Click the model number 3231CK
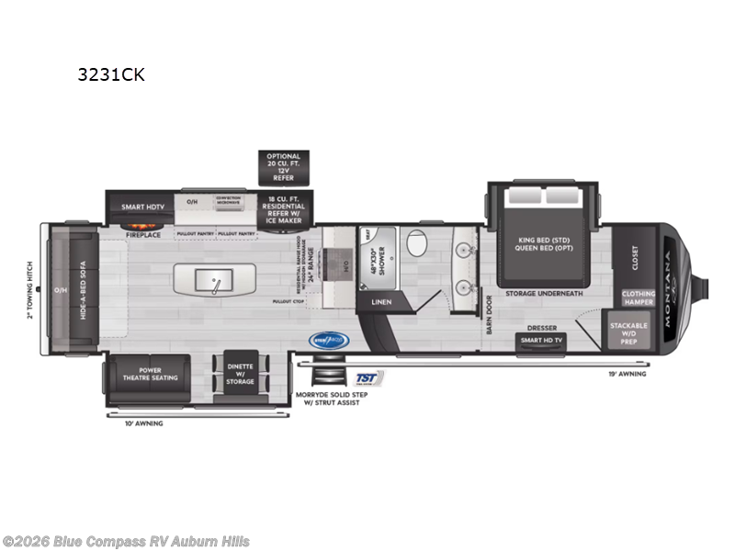pos(111,75)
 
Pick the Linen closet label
pos(380,301)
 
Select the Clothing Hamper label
pos(639,298)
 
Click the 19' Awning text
pos(627,374)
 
